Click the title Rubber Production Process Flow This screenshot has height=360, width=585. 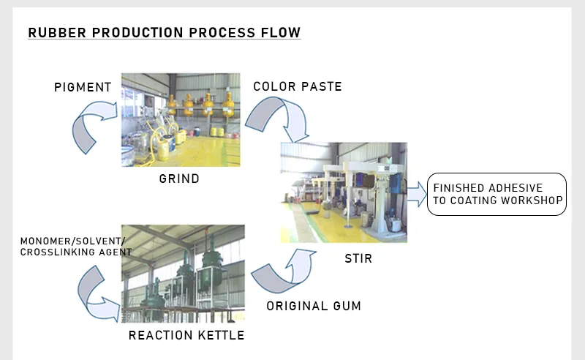point(164,33)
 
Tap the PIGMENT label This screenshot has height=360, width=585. point(83,88)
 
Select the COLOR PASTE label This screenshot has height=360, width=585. point(298,86)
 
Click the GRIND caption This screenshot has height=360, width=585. point(179,179)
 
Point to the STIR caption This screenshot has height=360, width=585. point(358,258)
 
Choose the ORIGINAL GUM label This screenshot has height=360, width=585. point(314,306)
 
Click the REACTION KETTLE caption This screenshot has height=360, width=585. point(186,336)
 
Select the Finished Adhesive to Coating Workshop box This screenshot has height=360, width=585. point(497,194)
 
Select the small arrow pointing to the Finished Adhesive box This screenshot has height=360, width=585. point(415,194)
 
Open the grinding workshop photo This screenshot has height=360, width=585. point(180,120)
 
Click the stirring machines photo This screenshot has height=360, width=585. point(344,192)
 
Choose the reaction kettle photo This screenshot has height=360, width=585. point(183,274)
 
